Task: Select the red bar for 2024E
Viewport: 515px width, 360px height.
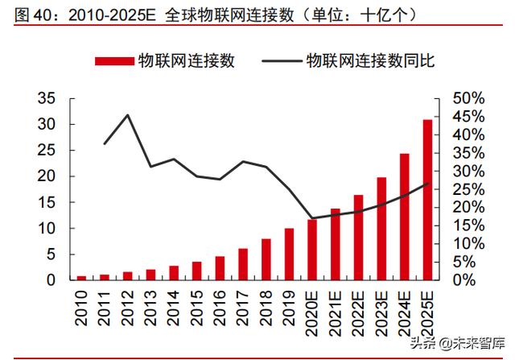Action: point(404,217)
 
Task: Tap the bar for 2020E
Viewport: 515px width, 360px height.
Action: point(311,249)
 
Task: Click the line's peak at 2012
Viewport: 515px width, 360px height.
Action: point(127,115)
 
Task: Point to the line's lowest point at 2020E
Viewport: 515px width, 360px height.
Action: point(311,218)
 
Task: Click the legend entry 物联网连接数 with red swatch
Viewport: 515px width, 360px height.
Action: point(165,60)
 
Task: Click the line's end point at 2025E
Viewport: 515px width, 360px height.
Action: point(427,184)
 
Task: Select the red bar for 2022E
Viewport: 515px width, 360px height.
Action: point(358,238)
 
